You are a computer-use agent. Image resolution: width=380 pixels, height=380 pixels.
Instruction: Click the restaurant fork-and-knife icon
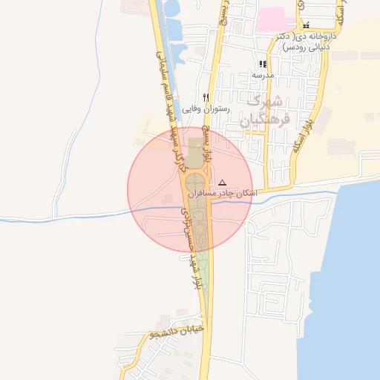tap(206, 97)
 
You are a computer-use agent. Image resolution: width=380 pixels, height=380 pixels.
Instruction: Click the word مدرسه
tap(263, 75)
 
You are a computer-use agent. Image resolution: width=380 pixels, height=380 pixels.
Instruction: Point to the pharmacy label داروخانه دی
tap(315, 36)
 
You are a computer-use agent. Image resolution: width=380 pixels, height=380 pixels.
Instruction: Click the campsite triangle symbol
tap(222, 182)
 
